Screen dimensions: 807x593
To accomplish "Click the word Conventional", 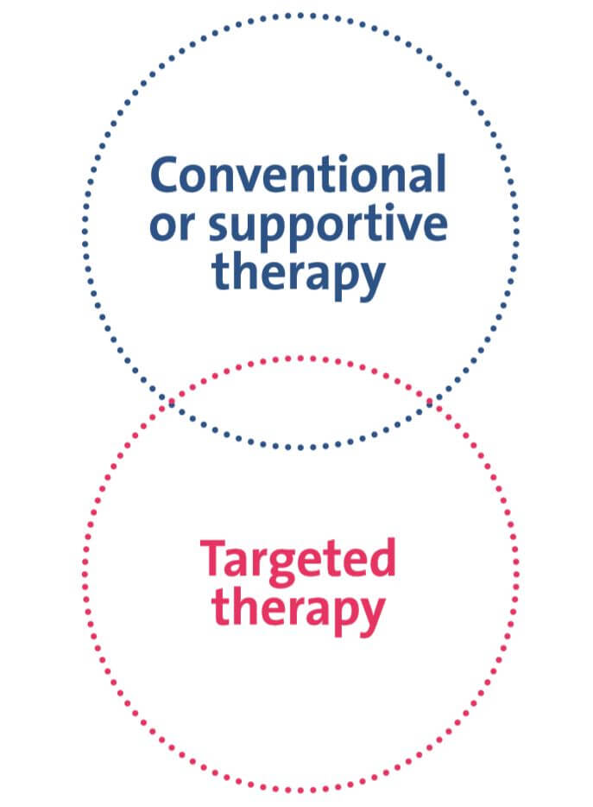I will (x=298, y=176).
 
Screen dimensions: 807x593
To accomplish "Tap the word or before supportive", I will (x=173, y=226).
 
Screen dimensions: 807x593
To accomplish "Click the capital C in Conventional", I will (x=167, y=176).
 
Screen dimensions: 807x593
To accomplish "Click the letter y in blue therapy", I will (x=369, y=280).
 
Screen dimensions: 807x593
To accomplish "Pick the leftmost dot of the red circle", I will (x=85, y=574).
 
